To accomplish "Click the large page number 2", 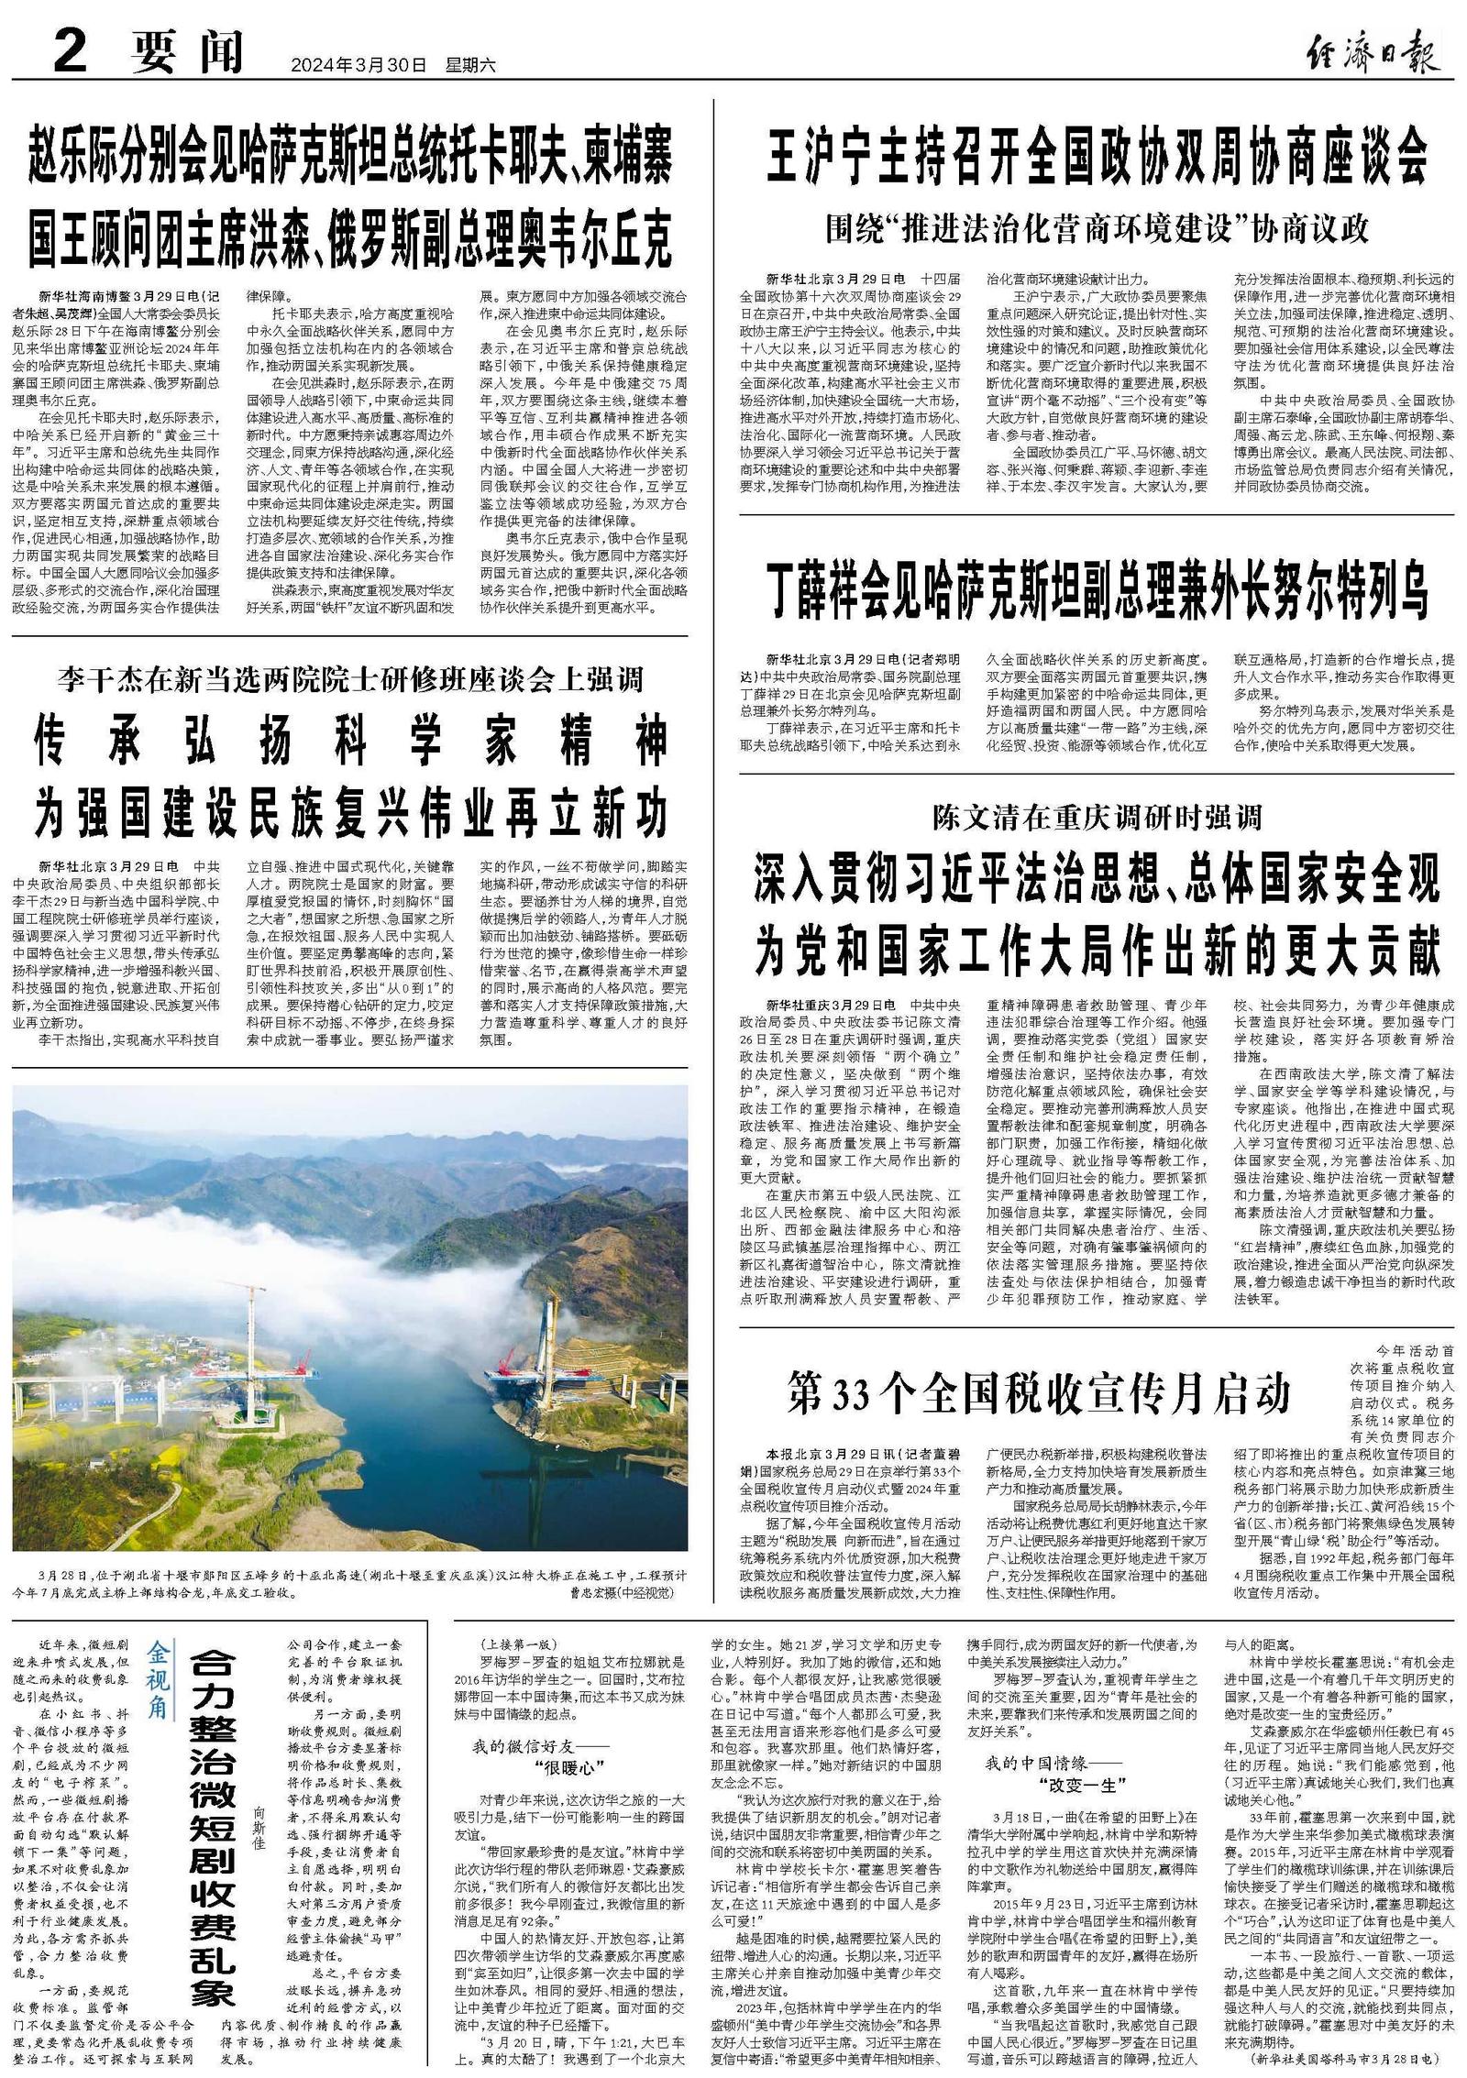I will click(x=69, y=53).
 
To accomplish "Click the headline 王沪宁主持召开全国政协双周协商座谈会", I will click(x=1097, y=157).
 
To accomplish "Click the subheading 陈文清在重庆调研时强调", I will click(x=1097, y=815).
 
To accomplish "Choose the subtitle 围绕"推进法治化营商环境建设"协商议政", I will click(x=1097, y=228).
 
